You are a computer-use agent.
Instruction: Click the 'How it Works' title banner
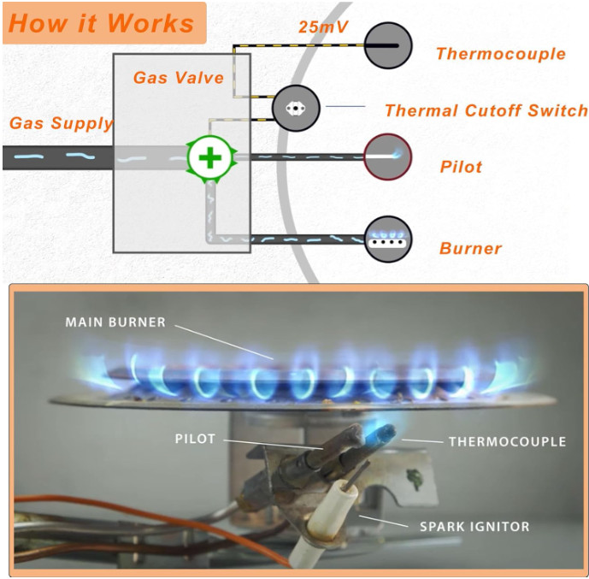[x=103, y=22]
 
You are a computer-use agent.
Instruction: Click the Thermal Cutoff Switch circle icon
[x=296, y=109]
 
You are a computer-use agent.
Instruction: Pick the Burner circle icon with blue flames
[x=389, y=239]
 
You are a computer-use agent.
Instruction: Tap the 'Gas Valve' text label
[x=179, y=78]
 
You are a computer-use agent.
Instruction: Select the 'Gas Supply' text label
[x=61, y=123]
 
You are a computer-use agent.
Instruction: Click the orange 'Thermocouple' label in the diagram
[x=500, y=54]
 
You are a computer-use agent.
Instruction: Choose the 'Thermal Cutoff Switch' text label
[x=486, y=110]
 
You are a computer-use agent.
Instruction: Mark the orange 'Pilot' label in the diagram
[x=461, y=166]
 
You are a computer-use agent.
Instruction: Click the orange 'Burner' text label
[x=470, y=249]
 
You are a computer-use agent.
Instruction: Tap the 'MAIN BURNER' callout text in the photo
[x=115, y=322]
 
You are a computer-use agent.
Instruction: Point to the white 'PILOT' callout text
[x=196, y=439]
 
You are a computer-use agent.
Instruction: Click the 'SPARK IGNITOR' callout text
[x=474, y=526]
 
